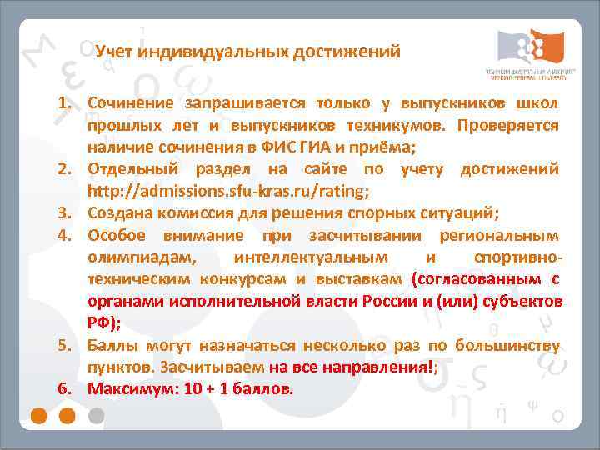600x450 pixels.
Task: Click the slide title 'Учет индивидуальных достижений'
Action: click(247, 52)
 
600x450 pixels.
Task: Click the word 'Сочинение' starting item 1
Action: click(131, 103)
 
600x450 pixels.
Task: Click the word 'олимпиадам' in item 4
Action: click(142, 257)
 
